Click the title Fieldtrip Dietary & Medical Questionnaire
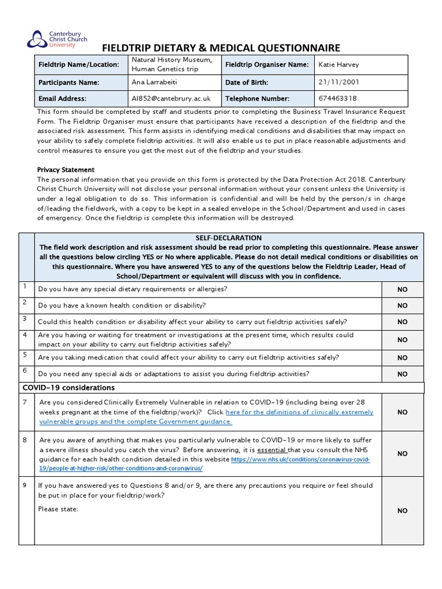221,48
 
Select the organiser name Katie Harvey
338,65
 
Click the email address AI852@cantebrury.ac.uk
171,98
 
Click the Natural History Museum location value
172,65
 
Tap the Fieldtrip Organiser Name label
266,65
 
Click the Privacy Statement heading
66,170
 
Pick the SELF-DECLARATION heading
228,238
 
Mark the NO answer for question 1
402,289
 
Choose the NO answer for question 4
402,340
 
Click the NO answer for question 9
402,510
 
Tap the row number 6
25,371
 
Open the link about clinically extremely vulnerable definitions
299,412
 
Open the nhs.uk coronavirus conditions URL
299,460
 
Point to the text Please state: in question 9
58,509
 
